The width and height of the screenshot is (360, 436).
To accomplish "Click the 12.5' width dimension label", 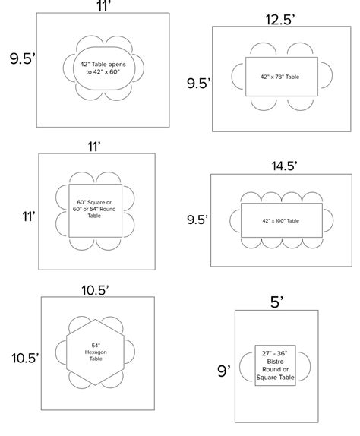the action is (x=280, y=20).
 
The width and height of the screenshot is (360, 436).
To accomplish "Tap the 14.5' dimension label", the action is (x=284, y=166).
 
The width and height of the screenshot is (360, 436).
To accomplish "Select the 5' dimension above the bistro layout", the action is (x=276, y=302).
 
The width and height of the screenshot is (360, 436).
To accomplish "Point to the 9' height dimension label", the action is (x=224, y=371).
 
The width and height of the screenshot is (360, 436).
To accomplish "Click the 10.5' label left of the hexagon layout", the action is (x=25, y=359).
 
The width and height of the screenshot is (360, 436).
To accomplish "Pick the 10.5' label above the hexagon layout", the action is (x=95, y=290).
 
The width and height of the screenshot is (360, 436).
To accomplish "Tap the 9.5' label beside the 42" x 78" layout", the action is (x=198, y=83).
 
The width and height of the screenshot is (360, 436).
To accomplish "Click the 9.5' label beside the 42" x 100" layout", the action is (x=197, y=220).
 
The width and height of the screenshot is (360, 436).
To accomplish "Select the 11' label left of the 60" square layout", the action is (x=29, y=216).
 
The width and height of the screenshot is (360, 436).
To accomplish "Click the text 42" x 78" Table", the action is (x=279, y=77).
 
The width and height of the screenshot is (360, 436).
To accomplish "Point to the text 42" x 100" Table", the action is (x=280, y=221).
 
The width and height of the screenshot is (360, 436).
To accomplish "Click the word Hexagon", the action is (x=96, y=352).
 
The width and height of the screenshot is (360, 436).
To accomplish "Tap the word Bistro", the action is (x=275, y=362).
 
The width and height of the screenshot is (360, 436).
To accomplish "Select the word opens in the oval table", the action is (x=117, y=65).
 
